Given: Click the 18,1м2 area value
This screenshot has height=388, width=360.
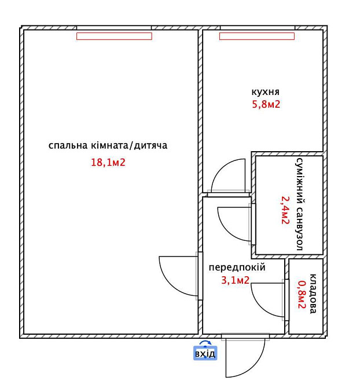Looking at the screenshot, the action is [108, 163].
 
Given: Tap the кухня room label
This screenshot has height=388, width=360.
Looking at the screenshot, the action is [266, 92].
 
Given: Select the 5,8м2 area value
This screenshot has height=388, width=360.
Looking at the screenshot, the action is [266, 104].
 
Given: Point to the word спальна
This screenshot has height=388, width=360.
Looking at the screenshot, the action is [68, 145].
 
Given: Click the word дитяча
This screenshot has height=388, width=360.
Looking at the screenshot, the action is [150, 145].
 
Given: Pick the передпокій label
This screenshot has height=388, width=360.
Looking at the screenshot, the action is [237, 268].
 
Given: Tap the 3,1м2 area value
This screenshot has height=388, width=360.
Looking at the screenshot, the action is [236, 280].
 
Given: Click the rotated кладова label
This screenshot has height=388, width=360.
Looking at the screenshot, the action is [313, 294].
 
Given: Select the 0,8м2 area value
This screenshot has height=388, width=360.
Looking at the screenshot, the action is [302, 294].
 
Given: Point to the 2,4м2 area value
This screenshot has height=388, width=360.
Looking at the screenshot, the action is [285, 210].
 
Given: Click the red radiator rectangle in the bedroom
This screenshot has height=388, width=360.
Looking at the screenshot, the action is [114, 36].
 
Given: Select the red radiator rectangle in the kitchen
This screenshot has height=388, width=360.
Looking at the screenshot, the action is [257, 36].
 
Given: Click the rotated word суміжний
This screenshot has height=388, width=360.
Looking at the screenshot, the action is [300, 181].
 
